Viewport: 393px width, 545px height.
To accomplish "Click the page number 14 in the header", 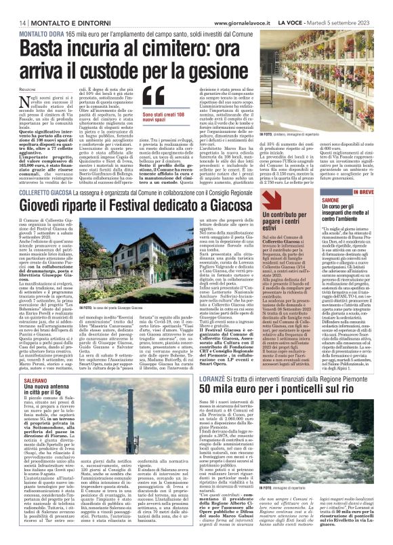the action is coord(14,22).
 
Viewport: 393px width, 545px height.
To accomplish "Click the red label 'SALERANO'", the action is coord(26,363).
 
